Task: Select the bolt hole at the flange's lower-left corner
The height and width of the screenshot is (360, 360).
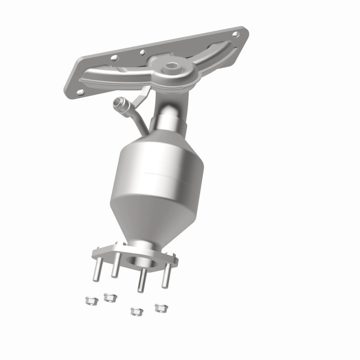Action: [x=80, y=91]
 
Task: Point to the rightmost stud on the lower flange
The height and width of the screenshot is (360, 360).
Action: [x=166, y=274]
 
